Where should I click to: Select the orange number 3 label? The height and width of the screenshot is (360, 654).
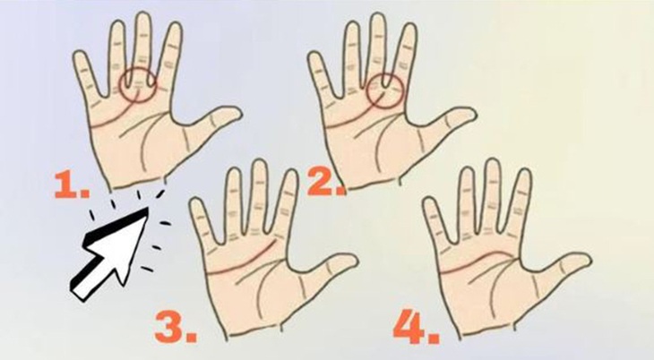176,327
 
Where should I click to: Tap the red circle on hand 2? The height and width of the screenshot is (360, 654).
386,90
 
